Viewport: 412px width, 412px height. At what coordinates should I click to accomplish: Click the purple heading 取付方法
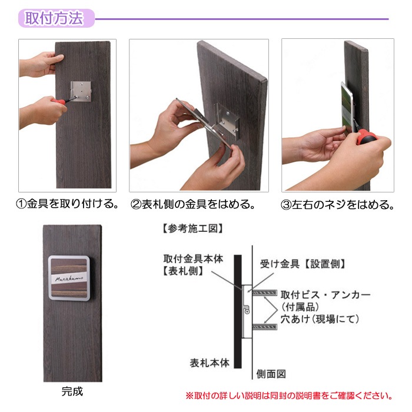click(x=54, y=18)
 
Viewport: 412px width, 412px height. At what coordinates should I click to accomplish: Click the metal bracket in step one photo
click(x=81, y=91)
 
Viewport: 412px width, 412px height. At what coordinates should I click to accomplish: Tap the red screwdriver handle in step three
click(x=367, y=138)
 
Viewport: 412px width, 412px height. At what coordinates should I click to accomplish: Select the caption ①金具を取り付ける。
click(x=68, y=204)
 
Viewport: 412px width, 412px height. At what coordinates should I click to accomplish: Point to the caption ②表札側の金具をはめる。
click(x=193, y=204)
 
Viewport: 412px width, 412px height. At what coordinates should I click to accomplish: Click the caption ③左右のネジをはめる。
click(x=338, y=205)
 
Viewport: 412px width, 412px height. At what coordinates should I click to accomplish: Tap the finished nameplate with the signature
click(x=69, y=278)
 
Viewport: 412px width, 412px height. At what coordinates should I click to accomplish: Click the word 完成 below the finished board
click(x=72, y=391)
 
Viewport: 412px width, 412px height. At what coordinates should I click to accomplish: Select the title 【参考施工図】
click(x=192, y=228)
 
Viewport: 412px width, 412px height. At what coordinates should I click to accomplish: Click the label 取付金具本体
click(x=193, y=259)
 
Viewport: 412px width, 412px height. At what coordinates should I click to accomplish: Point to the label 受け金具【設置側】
click(x=303, y=264)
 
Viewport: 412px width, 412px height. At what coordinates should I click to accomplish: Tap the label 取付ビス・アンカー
click(x=325, y=295)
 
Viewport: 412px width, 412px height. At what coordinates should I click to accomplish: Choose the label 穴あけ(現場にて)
click(x=320, y=319)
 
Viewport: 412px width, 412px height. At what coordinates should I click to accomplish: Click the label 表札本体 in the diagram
click(x=210, y=363)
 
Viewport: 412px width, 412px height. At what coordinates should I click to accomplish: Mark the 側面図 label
click(x=271, y=374)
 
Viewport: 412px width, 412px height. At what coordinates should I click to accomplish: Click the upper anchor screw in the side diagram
click(x=265, y=293)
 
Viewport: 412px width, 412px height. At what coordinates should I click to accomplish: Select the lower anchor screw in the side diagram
click(x=265, y=327)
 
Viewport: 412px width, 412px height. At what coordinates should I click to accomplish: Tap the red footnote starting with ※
click(x=289, y=396)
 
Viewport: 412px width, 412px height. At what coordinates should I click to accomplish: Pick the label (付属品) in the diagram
click(x=300, y=307)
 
